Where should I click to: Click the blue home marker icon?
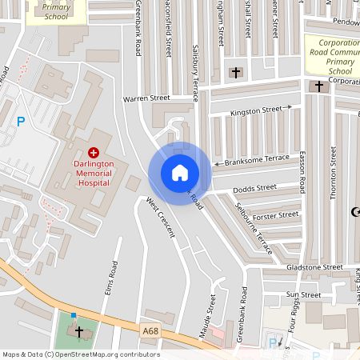pos(179,172)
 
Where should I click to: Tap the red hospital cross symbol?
pos(94,151)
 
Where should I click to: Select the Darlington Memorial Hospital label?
pos(94,172)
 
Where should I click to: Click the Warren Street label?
pos(146,98)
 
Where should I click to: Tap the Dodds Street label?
pos(254,189)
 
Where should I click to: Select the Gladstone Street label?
pos(316,266)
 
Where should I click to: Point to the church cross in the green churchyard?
pos(78,330)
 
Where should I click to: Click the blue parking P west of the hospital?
pos(21,122)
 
